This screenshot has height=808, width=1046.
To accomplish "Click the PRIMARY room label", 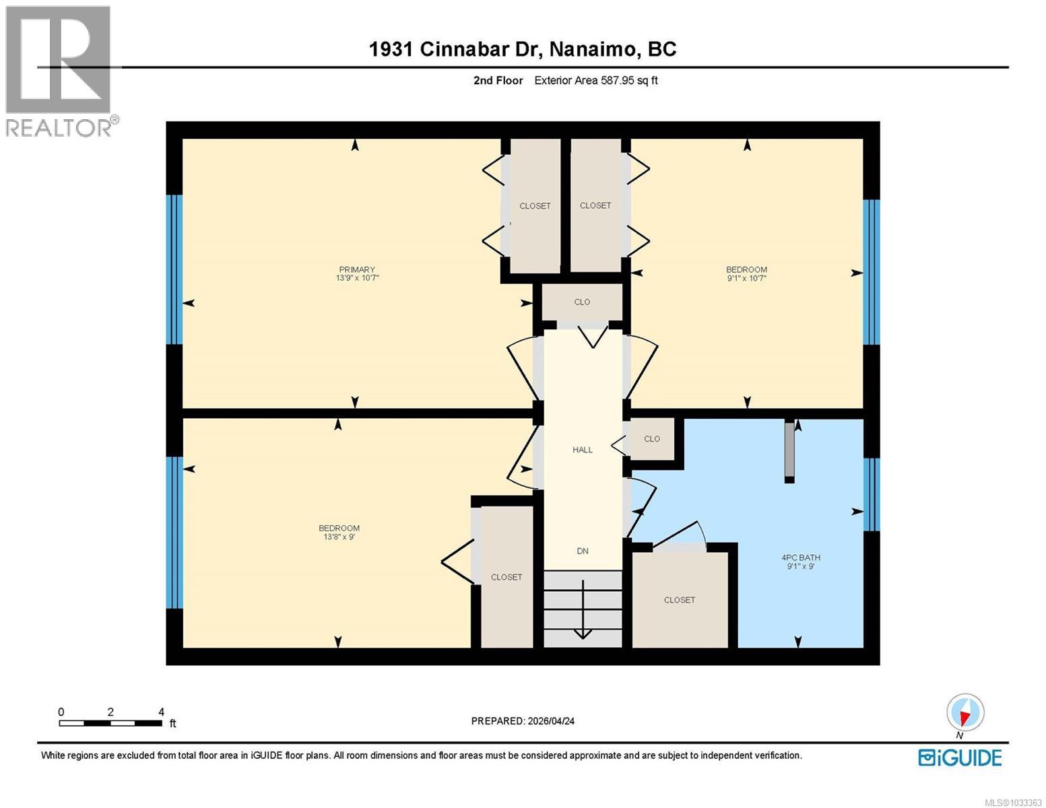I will click(x=356, y=269).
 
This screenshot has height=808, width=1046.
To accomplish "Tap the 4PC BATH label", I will click(x=800, y=558).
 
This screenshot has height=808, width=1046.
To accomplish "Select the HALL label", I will click(x=583, y=450).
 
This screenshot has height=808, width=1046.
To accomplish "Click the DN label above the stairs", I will click(x=583, y=551).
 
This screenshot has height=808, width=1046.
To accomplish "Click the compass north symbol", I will click(x=965, y=712).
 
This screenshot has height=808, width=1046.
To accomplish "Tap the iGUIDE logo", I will click(x=960, y=757).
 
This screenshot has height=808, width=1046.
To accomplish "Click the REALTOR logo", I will click(x=59, y=71).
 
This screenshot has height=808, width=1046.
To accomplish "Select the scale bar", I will click(x=110, y=723).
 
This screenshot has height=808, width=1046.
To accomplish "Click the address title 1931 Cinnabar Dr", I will click(x=523, y=49).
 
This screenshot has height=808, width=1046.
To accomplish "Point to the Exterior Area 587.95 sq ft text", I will click(x=595, y=81).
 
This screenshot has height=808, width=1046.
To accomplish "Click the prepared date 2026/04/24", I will click(x=523, y=721).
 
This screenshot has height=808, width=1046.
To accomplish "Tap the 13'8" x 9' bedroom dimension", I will click(x=339, y=537).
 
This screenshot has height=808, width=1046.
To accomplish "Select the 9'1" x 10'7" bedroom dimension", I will click(x=746, y=278).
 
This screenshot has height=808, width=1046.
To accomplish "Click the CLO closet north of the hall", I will click(x=582, y=302).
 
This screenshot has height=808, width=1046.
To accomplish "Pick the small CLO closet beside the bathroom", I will click(x=651, y=439).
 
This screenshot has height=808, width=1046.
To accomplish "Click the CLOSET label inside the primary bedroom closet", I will click(x=535, y=206).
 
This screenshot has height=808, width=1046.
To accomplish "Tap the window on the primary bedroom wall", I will click(x=174, y=269).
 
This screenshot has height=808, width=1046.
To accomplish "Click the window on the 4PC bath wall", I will click(x=872, y=494).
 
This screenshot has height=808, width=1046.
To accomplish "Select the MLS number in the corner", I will click(x=1013, y=802).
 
